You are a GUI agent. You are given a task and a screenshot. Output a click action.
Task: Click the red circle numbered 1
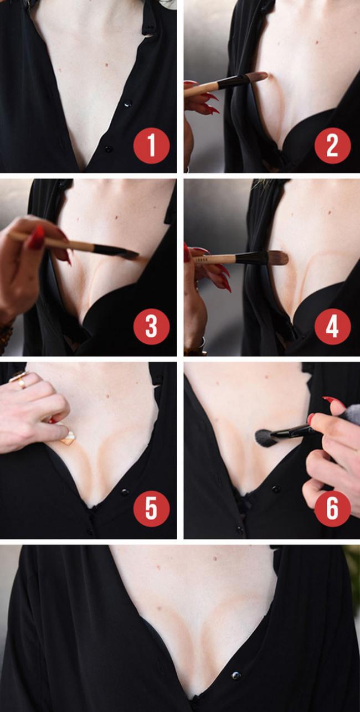(x=151, y=146)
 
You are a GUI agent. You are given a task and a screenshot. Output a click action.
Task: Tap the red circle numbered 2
(x=333, y=146)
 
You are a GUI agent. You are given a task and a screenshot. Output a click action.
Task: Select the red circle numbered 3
(x=151, y=327)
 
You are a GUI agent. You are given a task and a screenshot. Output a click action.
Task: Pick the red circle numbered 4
(x=333, y=327)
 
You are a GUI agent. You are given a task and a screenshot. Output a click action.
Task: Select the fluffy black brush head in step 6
(x=266, y=438)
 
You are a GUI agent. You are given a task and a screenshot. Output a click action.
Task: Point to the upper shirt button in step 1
(x=127, y=104)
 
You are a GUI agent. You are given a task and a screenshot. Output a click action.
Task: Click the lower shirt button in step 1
(x=109, y=149)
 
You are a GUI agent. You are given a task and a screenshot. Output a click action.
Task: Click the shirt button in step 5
(x=125, y=492)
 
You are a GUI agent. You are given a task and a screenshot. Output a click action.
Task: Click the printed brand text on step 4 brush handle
(x=200, y=259)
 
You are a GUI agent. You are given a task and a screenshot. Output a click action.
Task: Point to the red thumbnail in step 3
(x=35, y=238)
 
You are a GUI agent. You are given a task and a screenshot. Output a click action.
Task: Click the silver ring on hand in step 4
(x=202, y=343)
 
